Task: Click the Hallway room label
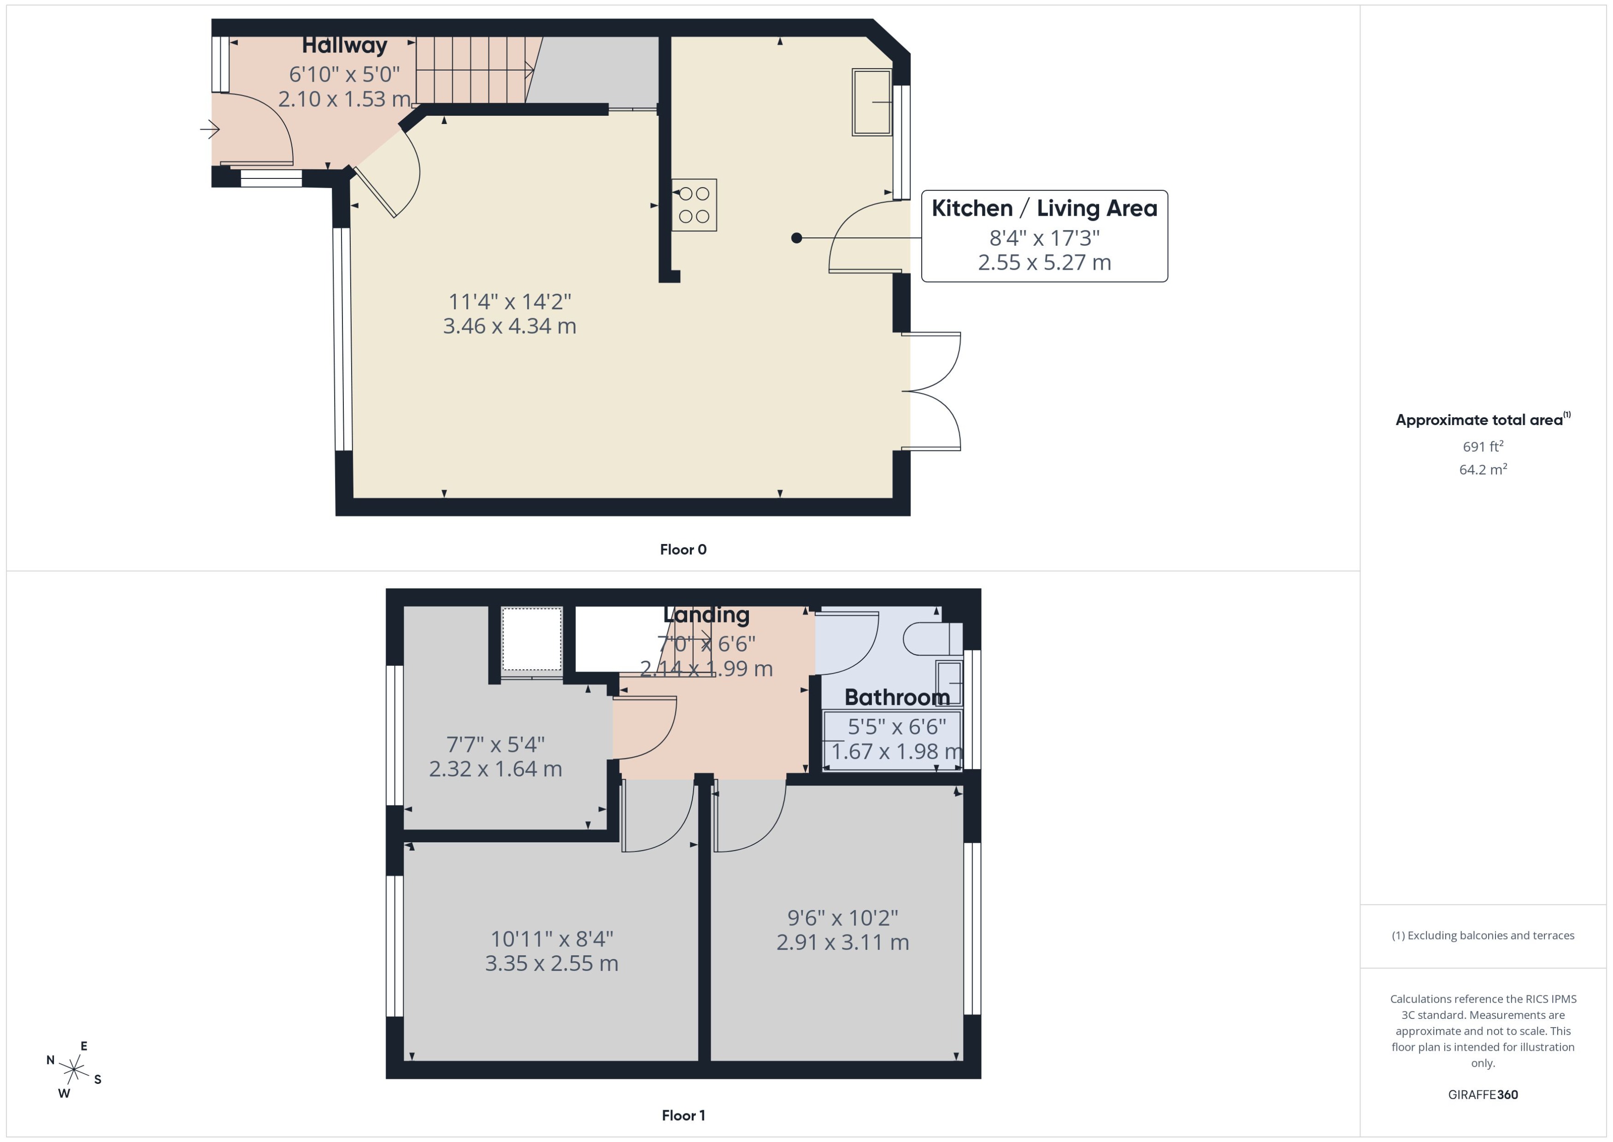[x=344, y=46]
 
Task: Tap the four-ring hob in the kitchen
[x=694, y=205]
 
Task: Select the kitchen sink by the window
[x=871, y=102]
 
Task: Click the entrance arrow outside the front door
[x=209, y=130]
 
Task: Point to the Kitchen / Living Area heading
[x=1044, y=208]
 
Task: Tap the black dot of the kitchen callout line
[x=796, y=238]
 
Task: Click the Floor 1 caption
[x=683, y=1115]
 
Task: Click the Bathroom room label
[x=897, y=697]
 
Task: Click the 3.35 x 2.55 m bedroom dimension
[x=551, y=964]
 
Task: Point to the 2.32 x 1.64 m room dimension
[x=495, y=769]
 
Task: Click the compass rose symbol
[x=74, y=1070]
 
